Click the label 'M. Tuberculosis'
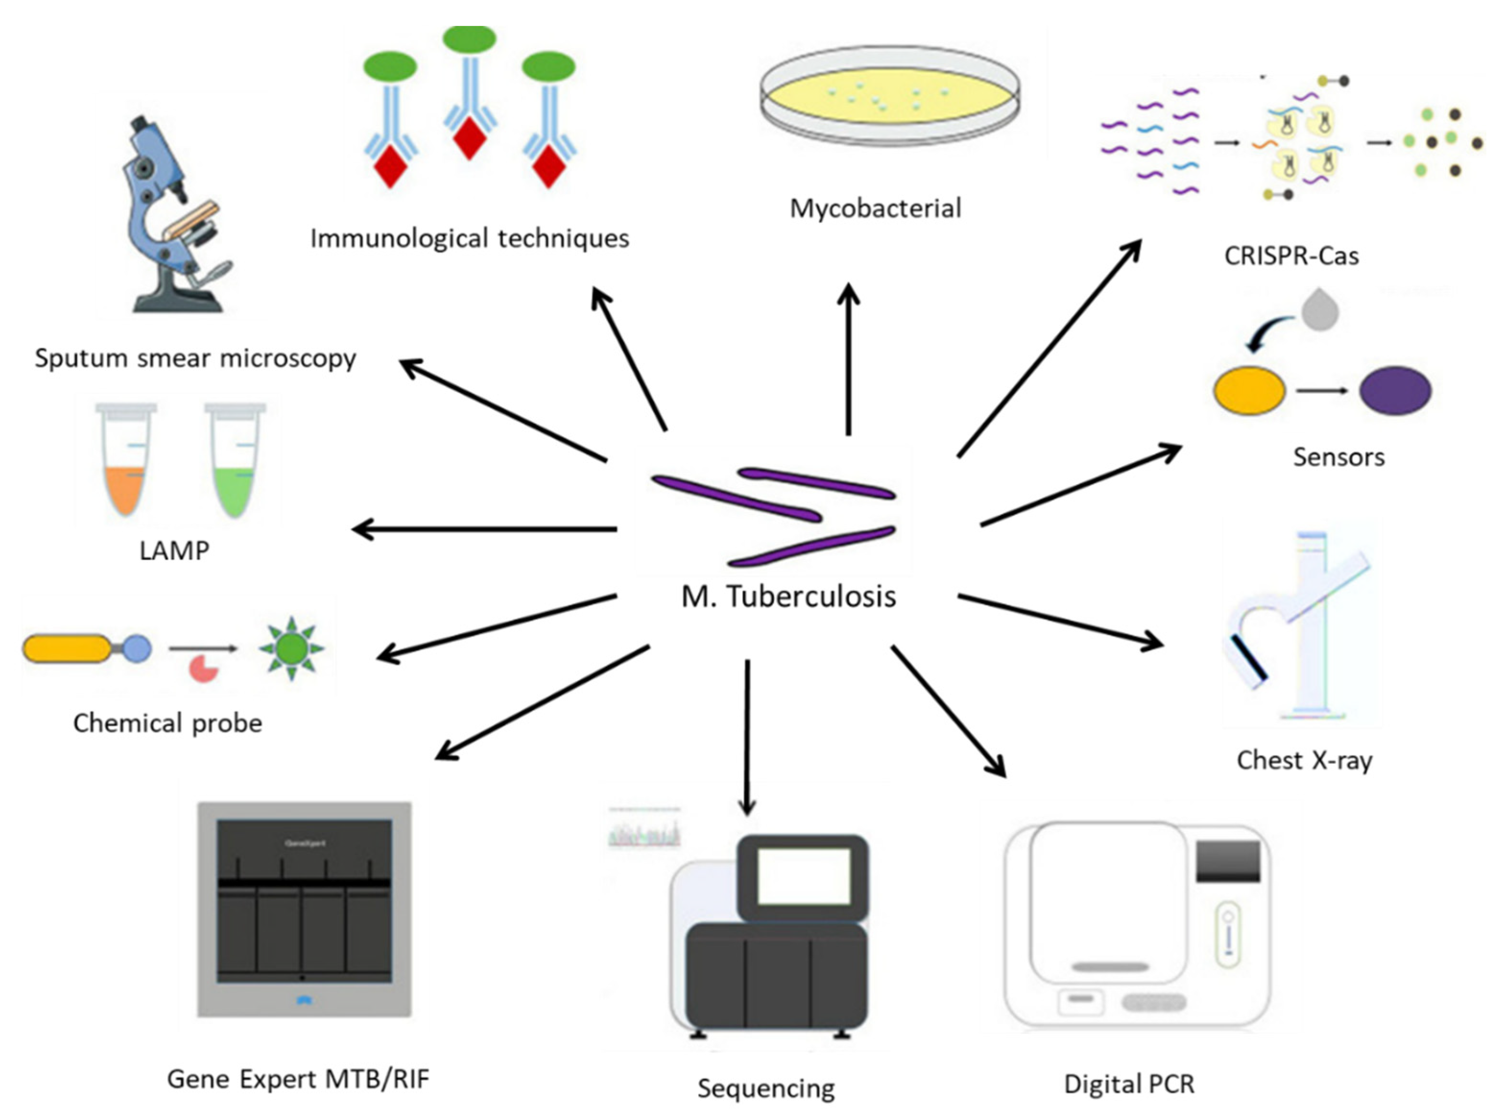point(788,596)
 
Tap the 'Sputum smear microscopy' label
point(195,358)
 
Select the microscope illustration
point(176,216)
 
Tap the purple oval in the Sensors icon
point(1395,391)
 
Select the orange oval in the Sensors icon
point(1250,391)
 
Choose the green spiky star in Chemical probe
point(292,649)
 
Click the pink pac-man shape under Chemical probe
point(202,669)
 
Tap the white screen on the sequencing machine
point(804,876)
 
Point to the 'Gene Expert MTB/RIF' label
point(298,1079)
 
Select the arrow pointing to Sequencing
point(747,736)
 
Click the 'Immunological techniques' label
point(469,238)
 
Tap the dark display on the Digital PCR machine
point(1228,861)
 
